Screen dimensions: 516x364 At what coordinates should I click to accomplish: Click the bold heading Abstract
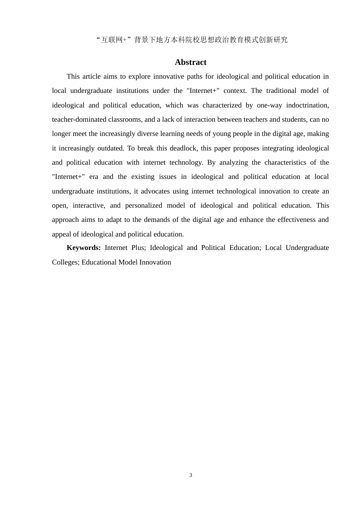click(190, 62)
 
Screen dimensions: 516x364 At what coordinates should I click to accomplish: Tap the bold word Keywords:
click(84, 248)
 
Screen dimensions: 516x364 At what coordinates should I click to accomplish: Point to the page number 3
click(191, 475)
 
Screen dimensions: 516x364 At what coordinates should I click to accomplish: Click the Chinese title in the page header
click(192, 40)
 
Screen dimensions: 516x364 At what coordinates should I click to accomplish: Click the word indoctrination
click(307, 105)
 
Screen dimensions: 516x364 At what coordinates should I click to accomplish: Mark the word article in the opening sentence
click(91, 76)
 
